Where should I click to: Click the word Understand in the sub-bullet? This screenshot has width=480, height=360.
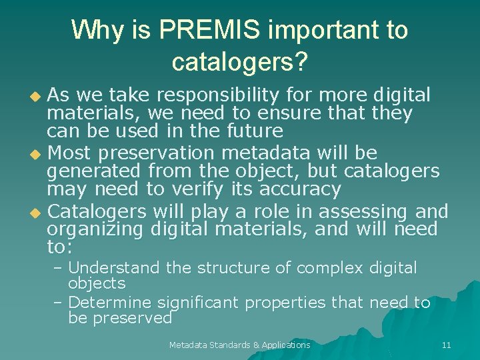coord(114,268)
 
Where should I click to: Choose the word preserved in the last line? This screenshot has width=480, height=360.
coord(132,318)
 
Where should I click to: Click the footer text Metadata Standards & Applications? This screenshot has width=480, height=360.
coord(239,345)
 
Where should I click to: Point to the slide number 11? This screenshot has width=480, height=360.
coord(446,345)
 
